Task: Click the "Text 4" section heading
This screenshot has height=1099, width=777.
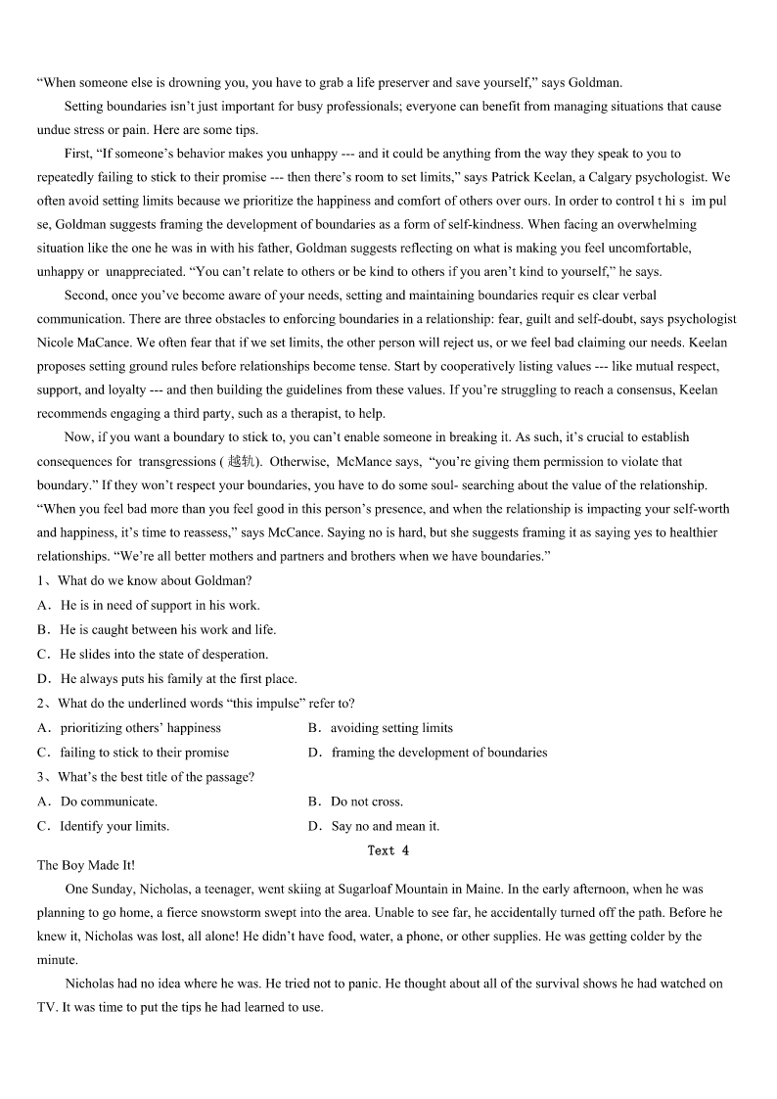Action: pyautogui.click(x=388, y=850)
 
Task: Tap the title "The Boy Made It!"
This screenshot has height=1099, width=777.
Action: pyautogui.click(x=86, y=865)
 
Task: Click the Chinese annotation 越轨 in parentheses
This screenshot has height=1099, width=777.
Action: pyautogui.click(x=240, y=462)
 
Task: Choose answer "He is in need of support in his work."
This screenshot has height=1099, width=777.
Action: pyautogui.click(x=160, y=605)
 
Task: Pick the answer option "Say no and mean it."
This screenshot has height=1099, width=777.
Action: pyautogui.click(x=385, y=826)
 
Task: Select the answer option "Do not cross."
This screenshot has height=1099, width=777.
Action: pyautogui.click(x=366, y=801)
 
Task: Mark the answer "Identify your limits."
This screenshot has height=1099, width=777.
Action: pyautogui.click(x=114, y=826)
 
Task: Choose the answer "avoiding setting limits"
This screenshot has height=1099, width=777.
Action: pyautogui.click(x=390, y=727)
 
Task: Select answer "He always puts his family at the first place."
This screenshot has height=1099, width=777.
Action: pyautogui.click(x=178, y=678)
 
